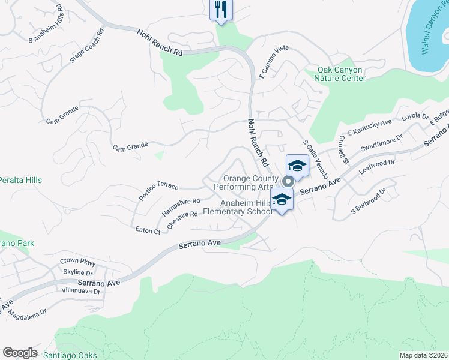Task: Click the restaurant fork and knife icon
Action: tap(220, 10)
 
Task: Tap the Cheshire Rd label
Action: tap(183, 219)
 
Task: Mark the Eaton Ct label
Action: tap(148, 230)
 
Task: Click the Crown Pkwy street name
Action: tap(78, 262)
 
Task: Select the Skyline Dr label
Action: tap(77, 272)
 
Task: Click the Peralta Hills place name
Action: tap(21, 180)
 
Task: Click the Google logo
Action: tap(20, 353)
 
